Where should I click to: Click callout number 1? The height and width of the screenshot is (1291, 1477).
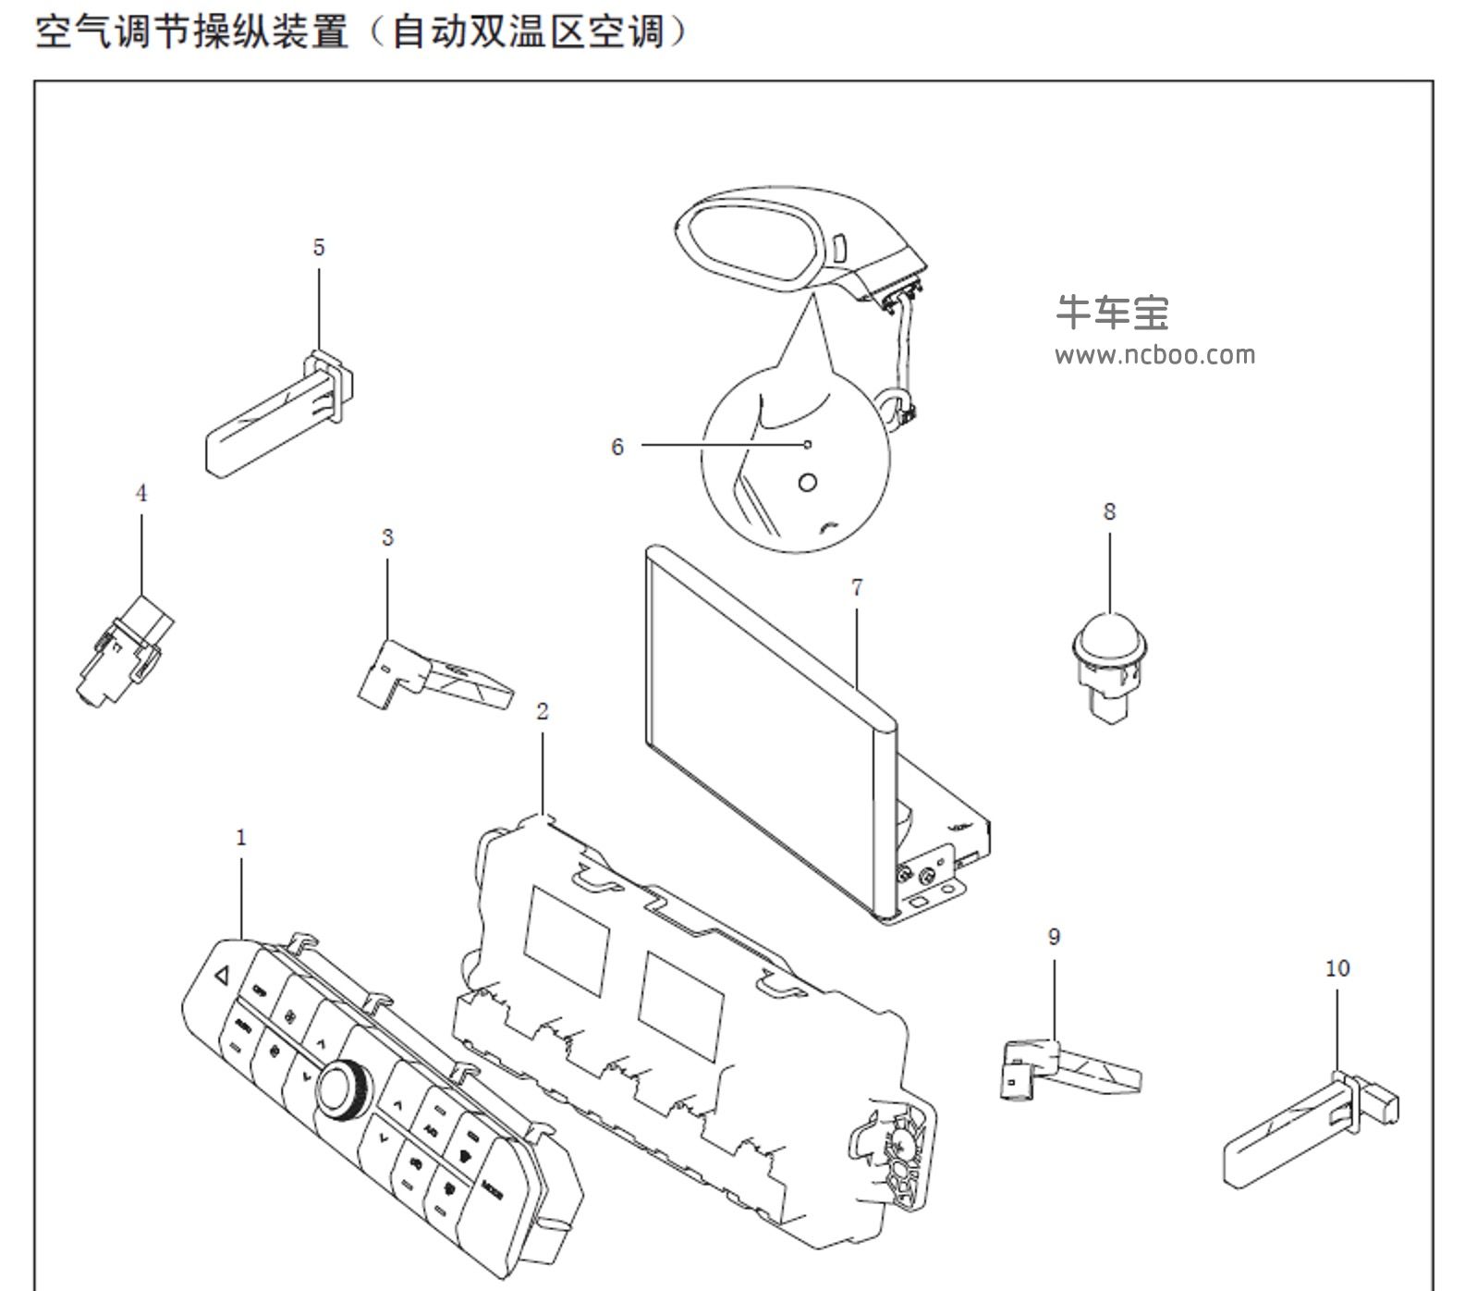[x=241, y=838]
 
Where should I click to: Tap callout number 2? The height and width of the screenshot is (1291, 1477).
[x=543, y=711]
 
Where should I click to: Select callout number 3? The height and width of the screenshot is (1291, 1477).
[x=387, y=537]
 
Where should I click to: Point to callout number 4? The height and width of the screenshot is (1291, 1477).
[x=141, y=493]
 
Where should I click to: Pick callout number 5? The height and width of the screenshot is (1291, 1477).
[x=319, y=247]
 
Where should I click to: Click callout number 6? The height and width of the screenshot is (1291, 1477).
[x=617, y=447]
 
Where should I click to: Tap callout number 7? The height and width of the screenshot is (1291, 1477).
[x=857, y=587]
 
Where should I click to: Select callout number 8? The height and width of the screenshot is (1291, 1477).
[x=1109, y=511]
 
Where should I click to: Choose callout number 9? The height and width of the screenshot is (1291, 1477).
[x=1054, y=937]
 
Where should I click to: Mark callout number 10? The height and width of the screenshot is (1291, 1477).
[x=1337, y=968]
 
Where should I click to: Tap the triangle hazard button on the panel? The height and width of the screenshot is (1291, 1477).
[x=221, y=974]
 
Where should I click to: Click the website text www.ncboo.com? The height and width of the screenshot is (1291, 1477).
[x=1155, y=355]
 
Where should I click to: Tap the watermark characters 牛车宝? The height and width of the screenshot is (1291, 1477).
[x=1113, y=313]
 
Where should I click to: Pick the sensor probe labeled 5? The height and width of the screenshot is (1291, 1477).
[x=277, y=416]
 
